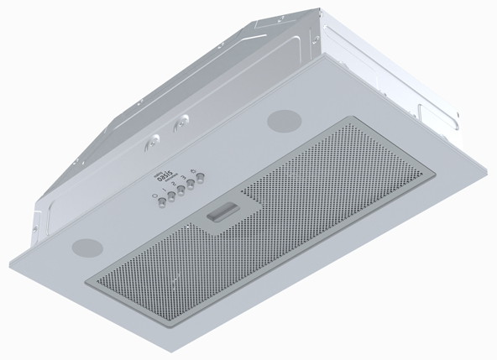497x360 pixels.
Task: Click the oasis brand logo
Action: [x=165, y=177]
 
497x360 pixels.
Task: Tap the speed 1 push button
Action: [x=171, y=196]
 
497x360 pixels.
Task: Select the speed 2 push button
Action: [x=181, y=190]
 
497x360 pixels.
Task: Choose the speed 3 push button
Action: [x=191, y=184]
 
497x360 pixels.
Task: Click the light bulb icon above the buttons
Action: [x=193, y=171]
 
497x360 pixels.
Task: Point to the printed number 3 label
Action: [x=182, y=177]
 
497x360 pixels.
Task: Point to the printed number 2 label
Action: [x=173, y=184]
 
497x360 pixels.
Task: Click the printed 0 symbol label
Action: [x=154, y=196]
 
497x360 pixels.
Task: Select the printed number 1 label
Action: [x=165, y=190]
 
